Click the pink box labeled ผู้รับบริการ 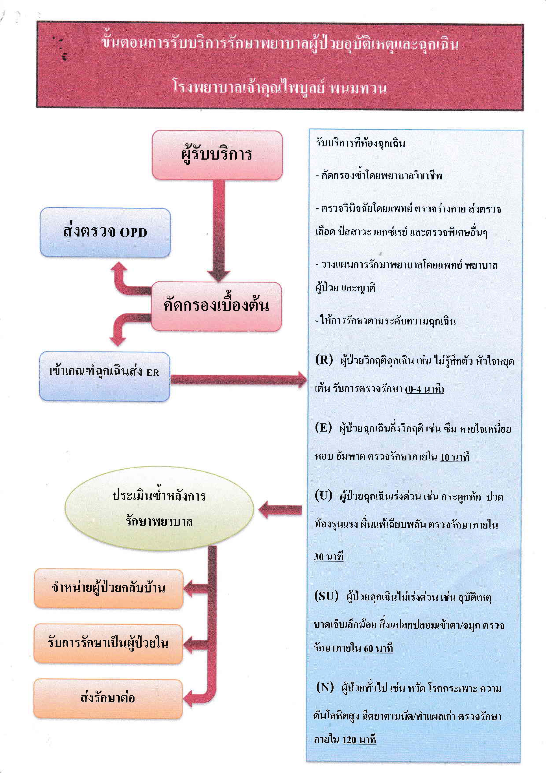pyautogui.click(x=217, y=155)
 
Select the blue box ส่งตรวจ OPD pyautogui.click(x=105, y=232)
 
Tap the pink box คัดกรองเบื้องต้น pyautogui.click(x=216, y=306)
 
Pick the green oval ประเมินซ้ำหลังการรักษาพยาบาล pyautogui.click(x=159, y=509)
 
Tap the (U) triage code pyautogui.click(x=323, y=495)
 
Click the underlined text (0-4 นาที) pyautogui.click(x=425, y=389)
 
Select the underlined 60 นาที pyautogui.click(x=378, y=648)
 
